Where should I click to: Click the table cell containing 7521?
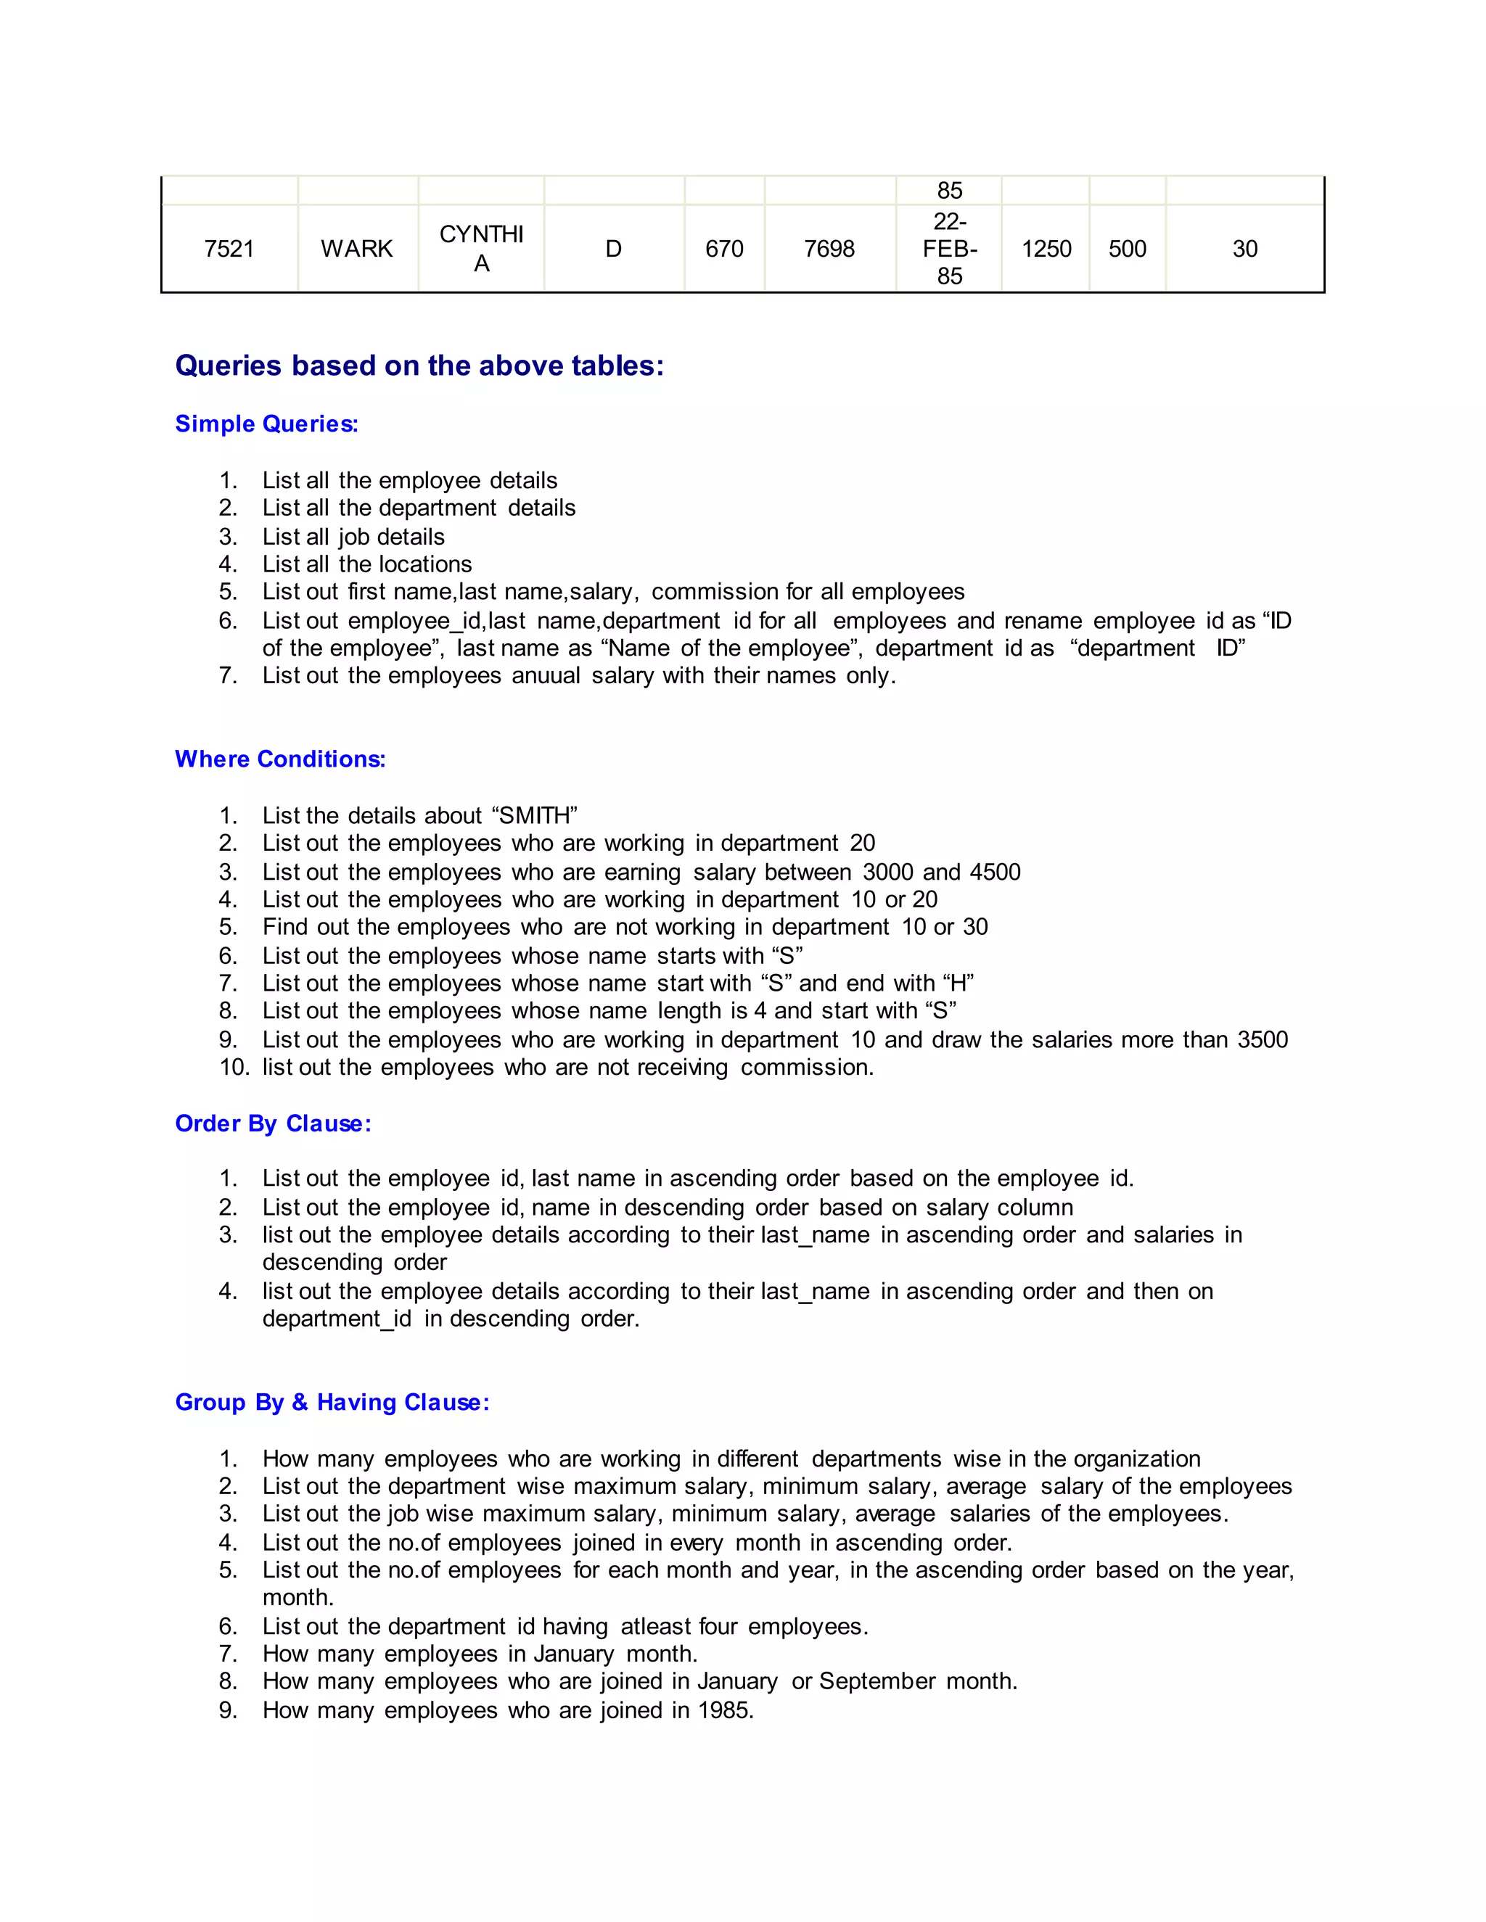click(229, 249)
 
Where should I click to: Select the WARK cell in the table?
click(356, 249)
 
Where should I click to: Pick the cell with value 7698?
click(829, 249)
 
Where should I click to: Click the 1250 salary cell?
click(1046, 249)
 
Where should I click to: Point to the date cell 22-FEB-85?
click(949, 249)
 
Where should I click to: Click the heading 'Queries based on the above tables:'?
click(419, 366)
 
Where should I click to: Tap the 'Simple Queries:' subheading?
click(267, 424)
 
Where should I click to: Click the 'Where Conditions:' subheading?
click(280, 759)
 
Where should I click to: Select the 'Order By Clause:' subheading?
click(273, 1123)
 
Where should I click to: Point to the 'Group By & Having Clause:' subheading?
click(332, 1403)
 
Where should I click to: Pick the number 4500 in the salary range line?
click(995, 872)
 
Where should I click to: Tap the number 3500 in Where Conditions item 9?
click(1263, 1040)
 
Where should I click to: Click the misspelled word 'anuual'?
click(546, 676)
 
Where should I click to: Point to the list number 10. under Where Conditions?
click(234, 1068)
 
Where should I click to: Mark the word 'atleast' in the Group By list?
click(655, 1626)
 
